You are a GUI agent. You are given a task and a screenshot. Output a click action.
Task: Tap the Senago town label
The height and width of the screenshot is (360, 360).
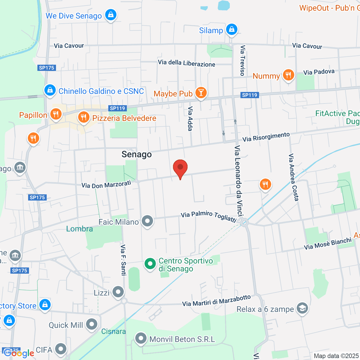136,154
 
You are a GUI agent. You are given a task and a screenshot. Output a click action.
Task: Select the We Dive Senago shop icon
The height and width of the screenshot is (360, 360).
111,15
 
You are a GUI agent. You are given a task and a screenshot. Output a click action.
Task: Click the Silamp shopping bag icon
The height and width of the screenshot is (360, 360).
232,29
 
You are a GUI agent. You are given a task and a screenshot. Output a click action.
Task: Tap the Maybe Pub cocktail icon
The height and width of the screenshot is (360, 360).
201,92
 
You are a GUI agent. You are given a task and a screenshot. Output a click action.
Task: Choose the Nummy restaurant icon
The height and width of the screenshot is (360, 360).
288,75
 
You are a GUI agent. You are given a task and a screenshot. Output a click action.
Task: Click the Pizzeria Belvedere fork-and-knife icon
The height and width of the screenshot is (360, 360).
84,117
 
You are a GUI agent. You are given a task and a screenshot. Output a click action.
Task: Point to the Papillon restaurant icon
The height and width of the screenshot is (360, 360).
55,114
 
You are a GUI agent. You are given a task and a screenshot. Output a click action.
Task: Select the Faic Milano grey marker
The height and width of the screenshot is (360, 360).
147,221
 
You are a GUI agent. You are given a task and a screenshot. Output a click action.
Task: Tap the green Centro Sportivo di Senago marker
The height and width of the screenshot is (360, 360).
150,264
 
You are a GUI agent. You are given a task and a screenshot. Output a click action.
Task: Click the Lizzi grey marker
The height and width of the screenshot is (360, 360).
118,292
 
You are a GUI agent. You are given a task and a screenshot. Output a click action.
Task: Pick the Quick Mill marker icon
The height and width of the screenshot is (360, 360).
91,324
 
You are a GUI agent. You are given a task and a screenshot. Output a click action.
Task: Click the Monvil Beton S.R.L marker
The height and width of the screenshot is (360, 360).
140,339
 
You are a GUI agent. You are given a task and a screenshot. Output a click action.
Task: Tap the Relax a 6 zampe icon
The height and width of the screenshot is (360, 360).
302,308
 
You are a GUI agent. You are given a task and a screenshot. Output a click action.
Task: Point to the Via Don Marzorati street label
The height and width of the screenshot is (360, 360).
106,184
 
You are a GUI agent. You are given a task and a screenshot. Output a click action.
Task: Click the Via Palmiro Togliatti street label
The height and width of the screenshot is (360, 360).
208,216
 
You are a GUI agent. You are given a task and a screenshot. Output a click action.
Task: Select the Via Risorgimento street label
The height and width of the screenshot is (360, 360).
266,137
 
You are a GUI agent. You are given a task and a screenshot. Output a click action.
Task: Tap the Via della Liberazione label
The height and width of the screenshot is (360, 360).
187,63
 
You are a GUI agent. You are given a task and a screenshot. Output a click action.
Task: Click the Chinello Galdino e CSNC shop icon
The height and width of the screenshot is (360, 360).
50,90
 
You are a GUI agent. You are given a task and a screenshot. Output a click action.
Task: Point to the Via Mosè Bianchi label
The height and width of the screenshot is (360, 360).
328,244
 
